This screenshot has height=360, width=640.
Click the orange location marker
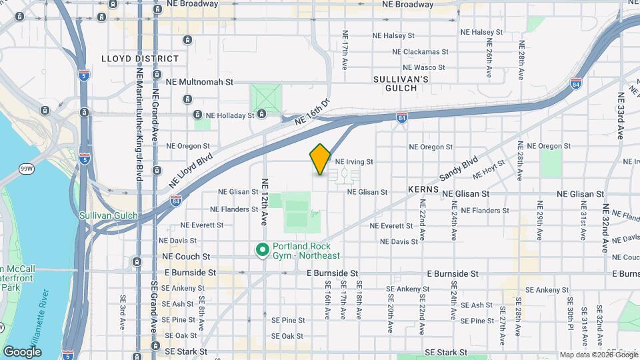tap(320, 159)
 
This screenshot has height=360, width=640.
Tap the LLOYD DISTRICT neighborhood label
tap(140, 59)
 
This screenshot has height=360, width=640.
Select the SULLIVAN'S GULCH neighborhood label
tap(400, 83)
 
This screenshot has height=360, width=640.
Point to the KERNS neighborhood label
tap(424, 190)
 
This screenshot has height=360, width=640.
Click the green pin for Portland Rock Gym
tap(263, 250)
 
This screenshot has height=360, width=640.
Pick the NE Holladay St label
tap(230, 115)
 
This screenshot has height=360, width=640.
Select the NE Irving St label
tap(353, 161)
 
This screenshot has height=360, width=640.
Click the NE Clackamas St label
tap(418, 51)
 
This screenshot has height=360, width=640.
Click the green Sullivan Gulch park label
tap(108, 215)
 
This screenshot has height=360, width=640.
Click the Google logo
tap(22, 351)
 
